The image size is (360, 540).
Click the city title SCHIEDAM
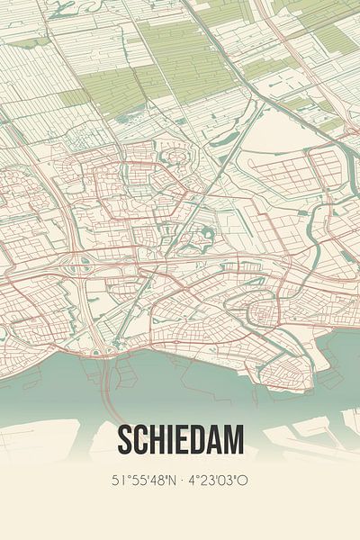point(180,441)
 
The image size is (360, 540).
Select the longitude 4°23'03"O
point(220,481)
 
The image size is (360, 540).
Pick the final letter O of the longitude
point(245,481)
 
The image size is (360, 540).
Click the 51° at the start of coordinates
point(118,481)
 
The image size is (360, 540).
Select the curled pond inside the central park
point(208,236)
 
